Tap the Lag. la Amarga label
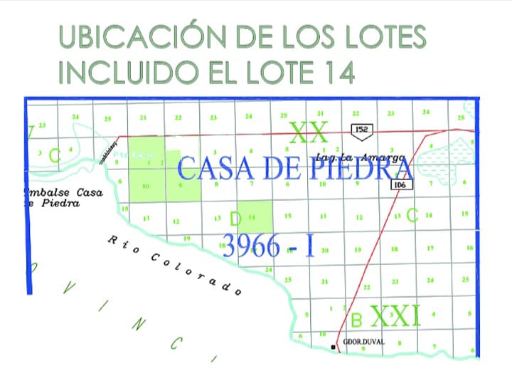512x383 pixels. pyautogui.click(x=361, y=157)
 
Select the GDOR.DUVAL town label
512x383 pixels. pyautogui.click(x=363, y=342)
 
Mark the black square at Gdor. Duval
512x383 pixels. pyautogui.click(x=333, y=347)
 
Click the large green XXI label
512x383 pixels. pyautogui.click(x=395, y=314)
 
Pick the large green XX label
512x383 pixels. pyautogui.click(x=308, y=132)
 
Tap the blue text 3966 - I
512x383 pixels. pyautogui.click(x=268, y=246)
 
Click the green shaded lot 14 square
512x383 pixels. pyautogui.click(x=255, y=226)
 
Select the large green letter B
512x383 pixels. pyautogui.click(x=357, y=316)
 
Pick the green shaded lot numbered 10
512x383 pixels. pyautogui.click(x=146, y=187)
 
